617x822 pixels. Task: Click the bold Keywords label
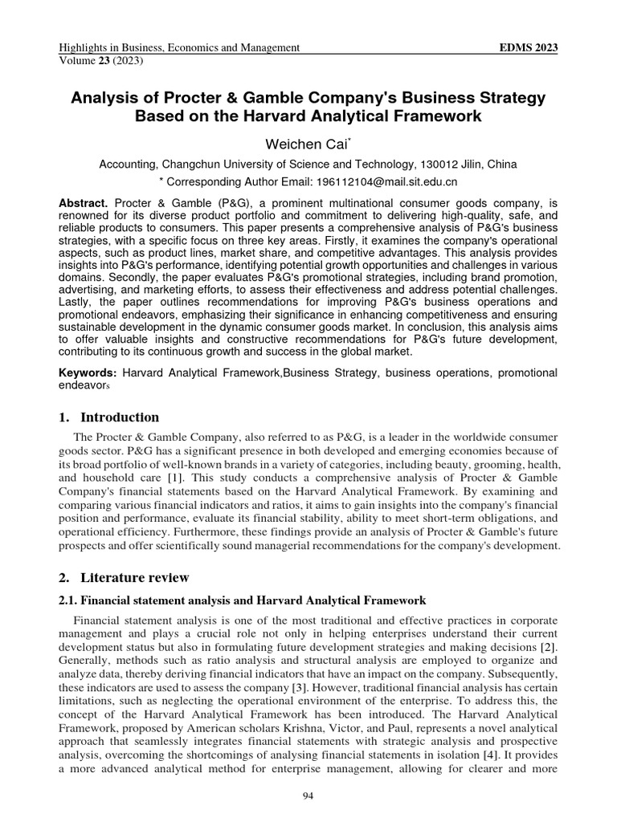(x=89, y=373)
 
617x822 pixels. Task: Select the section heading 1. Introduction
(x=111, y=417)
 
